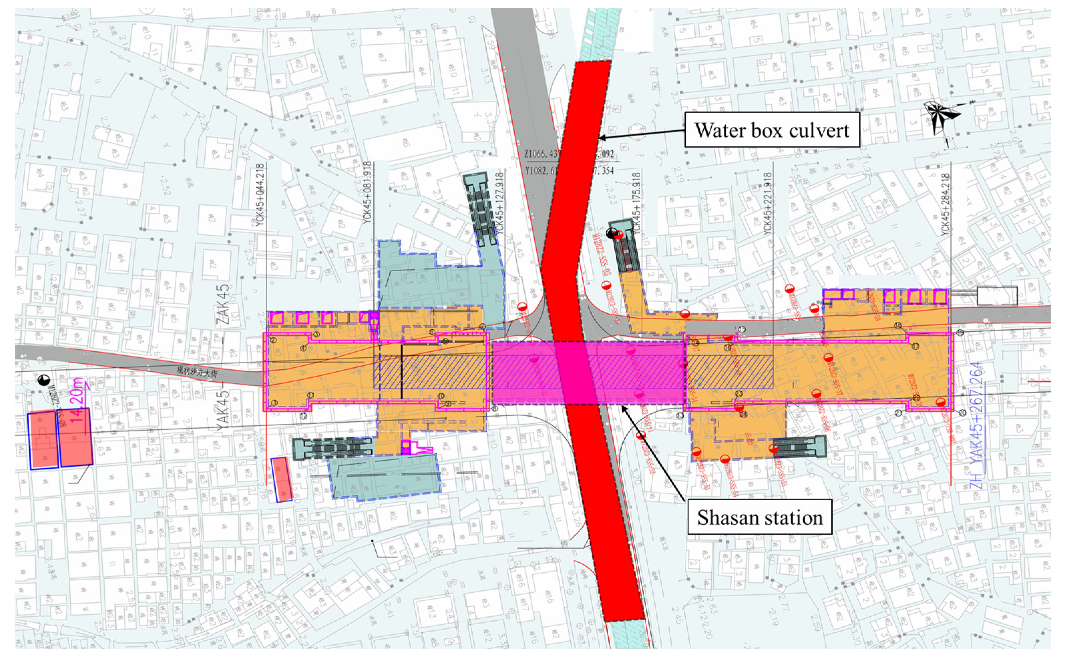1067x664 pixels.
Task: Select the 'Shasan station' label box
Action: [760, 517]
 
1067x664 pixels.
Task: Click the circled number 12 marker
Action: [303, 416]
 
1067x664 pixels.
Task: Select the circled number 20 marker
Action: [962, 412]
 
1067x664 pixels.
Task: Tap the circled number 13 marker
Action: [680, 415]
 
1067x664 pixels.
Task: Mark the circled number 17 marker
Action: [915, 346]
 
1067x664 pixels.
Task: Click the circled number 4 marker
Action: [303, 349]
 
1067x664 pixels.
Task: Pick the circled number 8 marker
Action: [495, 409]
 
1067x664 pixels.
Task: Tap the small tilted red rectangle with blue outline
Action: [281, 479]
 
